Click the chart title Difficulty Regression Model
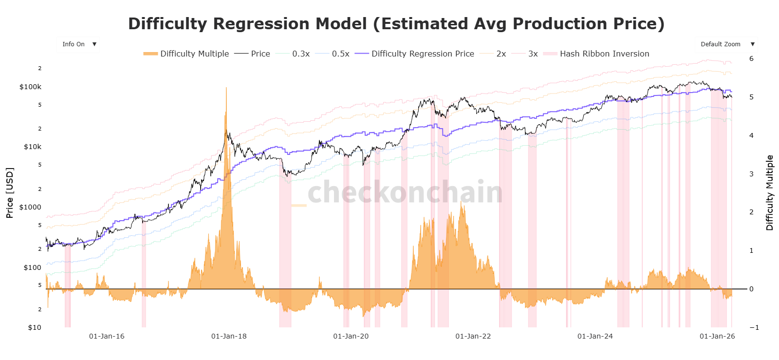tap(396, 24)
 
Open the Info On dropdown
tap(78, 44)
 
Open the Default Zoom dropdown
tap(726, 44)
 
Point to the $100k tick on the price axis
tap(30, 87)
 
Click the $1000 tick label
tap(30, 208)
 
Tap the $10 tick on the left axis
tap(35, 327)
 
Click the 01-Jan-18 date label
tap(229, 337)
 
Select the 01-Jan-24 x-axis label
tap(595, 337)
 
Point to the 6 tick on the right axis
tap(751, 59)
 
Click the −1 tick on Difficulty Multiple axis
tap(754, 327)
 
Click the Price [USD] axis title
tap(10, 193)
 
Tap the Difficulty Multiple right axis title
tap(769, 193)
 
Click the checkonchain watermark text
tap(405, 192)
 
